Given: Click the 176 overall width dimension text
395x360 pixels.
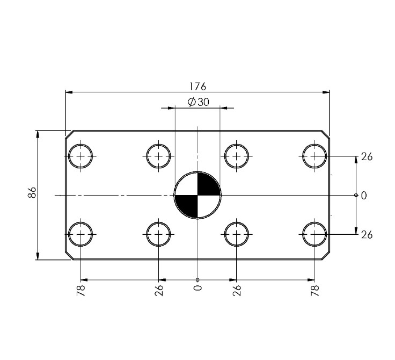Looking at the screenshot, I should [197, 87].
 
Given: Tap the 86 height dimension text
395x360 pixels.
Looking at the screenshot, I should [32, 193].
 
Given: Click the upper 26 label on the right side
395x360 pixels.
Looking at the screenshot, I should [367, 157].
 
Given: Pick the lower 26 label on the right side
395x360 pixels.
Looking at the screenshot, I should [367, 235].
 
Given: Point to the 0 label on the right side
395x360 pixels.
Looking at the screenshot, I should [364, 196].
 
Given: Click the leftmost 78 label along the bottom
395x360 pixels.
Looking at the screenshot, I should [81, 291].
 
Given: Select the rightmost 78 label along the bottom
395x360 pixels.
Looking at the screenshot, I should [315, 291].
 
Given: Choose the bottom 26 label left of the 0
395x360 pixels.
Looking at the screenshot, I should [159, 291].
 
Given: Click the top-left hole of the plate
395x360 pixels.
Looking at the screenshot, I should [81, 156].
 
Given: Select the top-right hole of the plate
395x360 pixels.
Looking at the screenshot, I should [314, 156].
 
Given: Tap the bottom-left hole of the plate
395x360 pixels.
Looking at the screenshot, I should [81, 234].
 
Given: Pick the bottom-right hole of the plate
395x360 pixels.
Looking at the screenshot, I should [314, 234].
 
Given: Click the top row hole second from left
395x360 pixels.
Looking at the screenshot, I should [159, 156].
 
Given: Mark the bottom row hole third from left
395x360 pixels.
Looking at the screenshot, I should [237, 234].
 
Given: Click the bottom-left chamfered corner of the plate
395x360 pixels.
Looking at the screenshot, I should [69, 256].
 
